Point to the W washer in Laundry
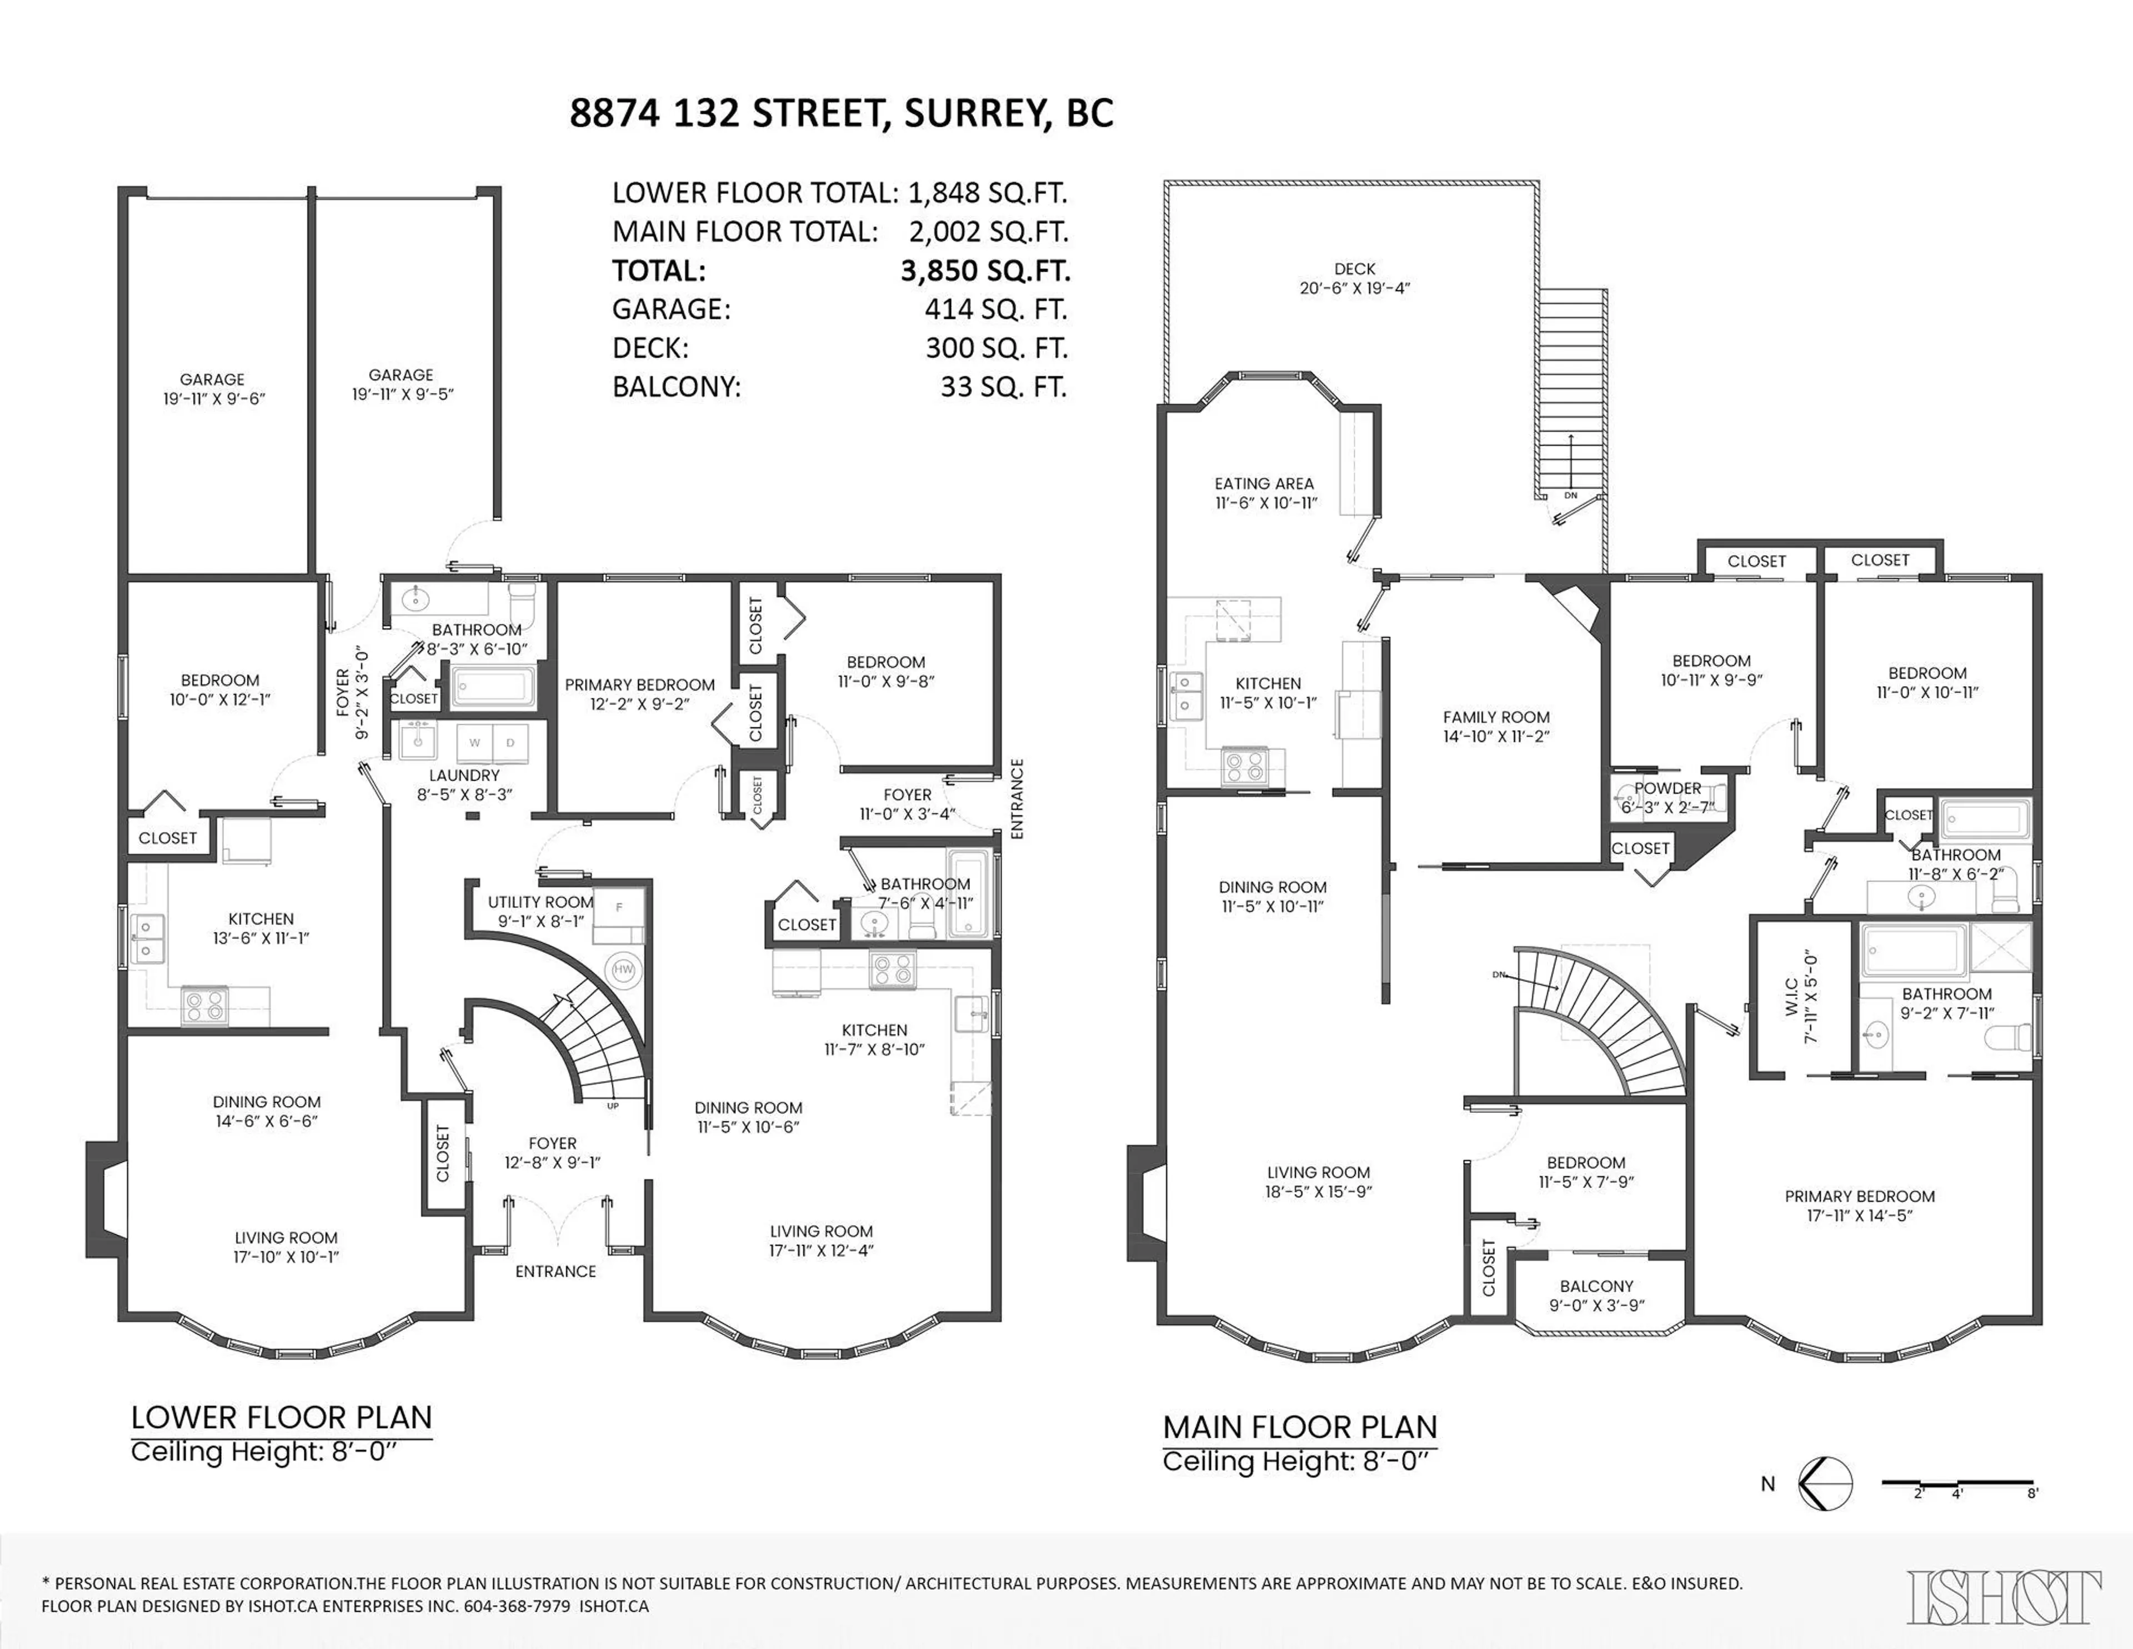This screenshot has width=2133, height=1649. coord(475,742)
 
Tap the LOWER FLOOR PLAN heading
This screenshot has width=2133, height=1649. coord(281,1417)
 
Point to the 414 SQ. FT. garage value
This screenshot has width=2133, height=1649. coord(996,309)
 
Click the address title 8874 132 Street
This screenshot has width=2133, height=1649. coord(841,113)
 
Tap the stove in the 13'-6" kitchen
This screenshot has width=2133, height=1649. coord(204,1005)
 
